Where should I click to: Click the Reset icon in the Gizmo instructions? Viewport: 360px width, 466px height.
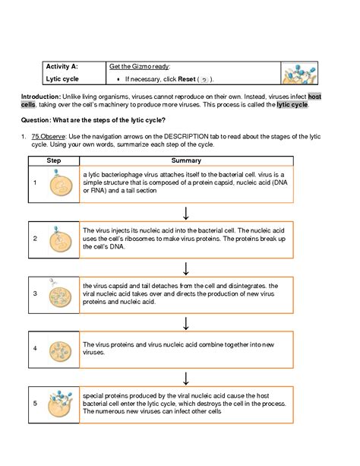click(x=204, y=80)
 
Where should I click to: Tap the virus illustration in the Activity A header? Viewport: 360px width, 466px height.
click(x=298, y=74)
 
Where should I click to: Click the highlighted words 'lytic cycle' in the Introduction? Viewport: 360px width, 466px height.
click(x=292, y=105)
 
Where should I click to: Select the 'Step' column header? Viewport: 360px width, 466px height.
click(x=54, y=160)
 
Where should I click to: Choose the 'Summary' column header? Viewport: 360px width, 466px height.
click(x=186, y=160)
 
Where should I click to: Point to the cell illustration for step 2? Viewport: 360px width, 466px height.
click(x=60, y=239)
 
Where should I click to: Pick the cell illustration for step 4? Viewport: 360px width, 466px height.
click(x=60, y=351)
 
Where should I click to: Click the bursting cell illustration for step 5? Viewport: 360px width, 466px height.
click(x=60, y=404)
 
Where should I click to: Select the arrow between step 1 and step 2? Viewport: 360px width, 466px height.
click(x=186, y=213)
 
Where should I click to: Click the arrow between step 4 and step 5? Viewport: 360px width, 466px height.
click(x=186, y=379)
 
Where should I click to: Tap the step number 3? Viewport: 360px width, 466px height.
click(x=35, y=293)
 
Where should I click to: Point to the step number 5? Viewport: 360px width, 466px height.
click(x=35, y=404)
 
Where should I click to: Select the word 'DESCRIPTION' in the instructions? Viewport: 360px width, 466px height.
click(x=186, y=136)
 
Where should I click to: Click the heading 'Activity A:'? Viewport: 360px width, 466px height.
click(x=62, y=66)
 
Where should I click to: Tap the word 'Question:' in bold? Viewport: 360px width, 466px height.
click(x=36, y=120)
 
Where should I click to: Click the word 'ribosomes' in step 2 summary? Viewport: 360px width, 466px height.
click(x=140, y=239)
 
